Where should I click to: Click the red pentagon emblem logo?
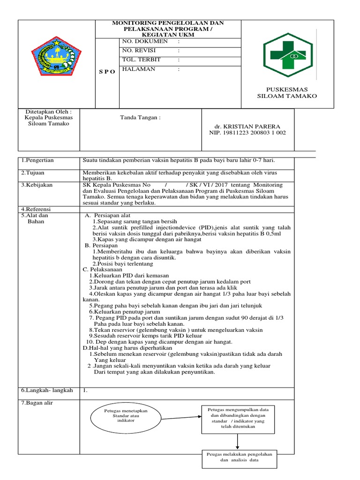(x=57, y=56)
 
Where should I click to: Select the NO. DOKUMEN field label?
(x=144, y=42)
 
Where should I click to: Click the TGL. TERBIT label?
(x=141, y=60)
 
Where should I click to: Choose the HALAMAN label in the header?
(x=138, y=69)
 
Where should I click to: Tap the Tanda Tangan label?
(x=141, y=118)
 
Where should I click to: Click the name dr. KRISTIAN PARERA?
(x=247, y=127)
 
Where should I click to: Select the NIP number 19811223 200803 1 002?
(x=247, y=133)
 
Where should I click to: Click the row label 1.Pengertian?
(x=37, y=160)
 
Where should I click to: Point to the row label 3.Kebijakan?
(x=37, y=185)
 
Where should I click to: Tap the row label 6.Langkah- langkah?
(x=47, y=390)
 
